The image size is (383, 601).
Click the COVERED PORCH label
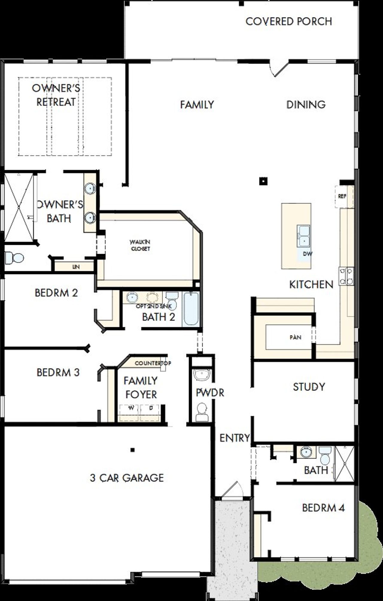[x=288, y=22]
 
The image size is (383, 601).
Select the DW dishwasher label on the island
[x=307, y=254]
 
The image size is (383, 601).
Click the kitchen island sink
[x=303, y=236]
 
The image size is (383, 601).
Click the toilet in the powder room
[x=202, y=412]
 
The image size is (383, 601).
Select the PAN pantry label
[x=295, y=338]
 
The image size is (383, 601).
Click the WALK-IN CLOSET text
[x=140, y=245]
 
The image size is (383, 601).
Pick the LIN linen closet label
[x=76, y=267]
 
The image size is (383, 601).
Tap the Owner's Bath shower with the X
[x=19, y=207]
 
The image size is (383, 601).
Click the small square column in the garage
[x=133, y=450]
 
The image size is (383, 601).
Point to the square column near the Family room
[x=263, y=181]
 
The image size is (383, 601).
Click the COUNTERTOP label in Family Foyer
[x=153, y=363]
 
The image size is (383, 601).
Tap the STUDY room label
[x=309, y=387]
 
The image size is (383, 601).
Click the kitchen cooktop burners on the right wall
[x=346, y=276]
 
